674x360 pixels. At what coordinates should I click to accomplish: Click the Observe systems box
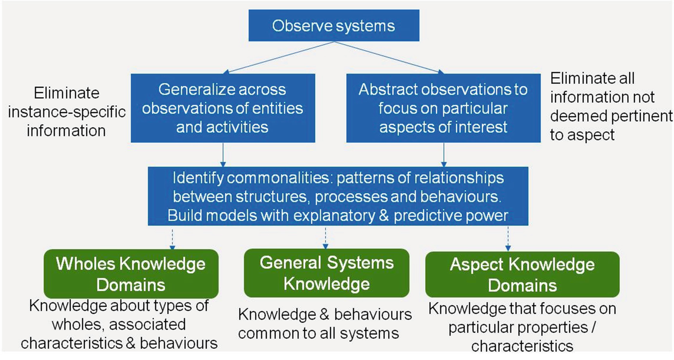334,25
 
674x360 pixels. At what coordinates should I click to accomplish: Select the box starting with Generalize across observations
223,108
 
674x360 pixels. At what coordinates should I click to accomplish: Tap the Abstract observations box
443,108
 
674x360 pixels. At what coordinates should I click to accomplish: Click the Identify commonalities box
338,196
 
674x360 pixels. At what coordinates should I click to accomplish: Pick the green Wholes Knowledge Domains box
131,274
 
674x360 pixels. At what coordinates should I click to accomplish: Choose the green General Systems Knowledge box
326,273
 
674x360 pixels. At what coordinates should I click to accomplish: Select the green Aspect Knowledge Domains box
522,275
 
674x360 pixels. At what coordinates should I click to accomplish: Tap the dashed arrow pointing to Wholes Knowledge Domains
172,240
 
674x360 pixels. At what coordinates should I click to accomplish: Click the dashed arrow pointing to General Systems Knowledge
325,239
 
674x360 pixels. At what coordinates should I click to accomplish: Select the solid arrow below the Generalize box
223,155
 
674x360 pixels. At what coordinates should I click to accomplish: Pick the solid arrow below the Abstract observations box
444,155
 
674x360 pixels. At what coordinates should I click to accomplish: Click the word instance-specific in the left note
67,112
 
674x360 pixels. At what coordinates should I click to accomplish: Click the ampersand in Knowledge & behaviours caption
324,315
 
